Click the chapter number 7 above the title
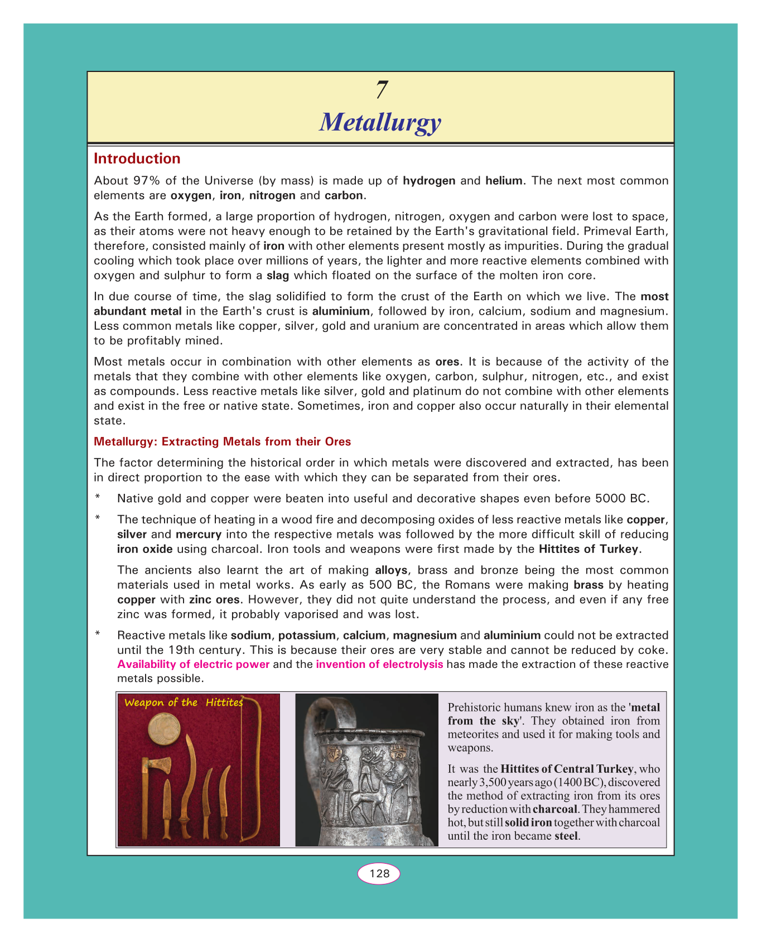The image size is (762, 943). pyautogui.click(x=382, y=90)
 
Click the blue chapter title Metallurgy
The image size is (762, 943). pyautogui.click(x=380, y=122)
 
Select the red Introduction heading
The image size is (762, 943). pyautogui.click(x=137, y=159)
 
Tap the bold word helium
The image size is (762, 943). pyautogui.click(x=504, y=181)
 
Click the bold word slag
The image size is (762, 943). pyautogui.click(x=278, y=275)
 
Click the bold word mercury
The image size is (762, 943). pyautogui.click(x=199, y=534)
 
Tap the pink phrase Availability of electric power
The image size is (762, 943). pyautogui.click(x=194, y=665)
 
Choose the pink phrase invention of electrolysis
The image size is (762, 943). pyautogui.click(x=379, y=665)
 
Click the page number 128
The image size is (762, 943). pyautogui.click(x=379, y=873)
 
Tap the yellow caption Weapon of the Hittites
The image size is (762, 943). pyautogui.click(x=184, y=703)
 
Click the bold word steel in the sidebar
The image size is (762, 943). pyautogui.click(x=567, y=836)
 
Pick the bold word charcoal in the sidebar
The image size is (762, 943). pyautogui.click(x=554, y=809)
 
